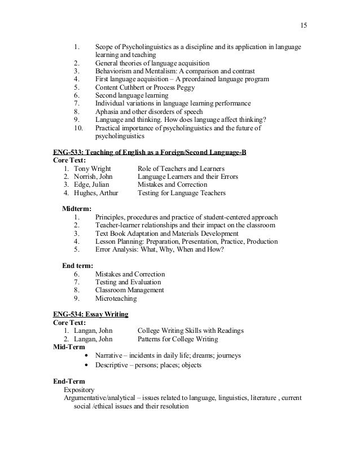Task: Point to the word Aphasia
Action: (x=108, y=112)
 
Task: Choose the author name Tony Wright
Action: (x=89, y=169)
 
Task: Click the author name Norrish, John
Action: (x=89, y=177)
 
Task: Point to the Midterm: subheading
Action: (x=77, y=209)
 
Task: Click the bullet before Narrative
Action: (x=85, y=356)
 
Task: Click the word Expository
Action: (x=79, y=389)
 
